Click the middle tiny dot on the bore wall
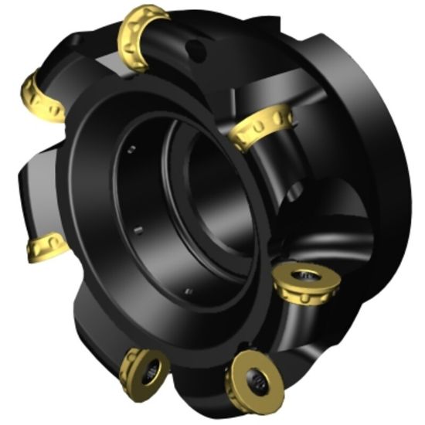coord(139,229)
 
